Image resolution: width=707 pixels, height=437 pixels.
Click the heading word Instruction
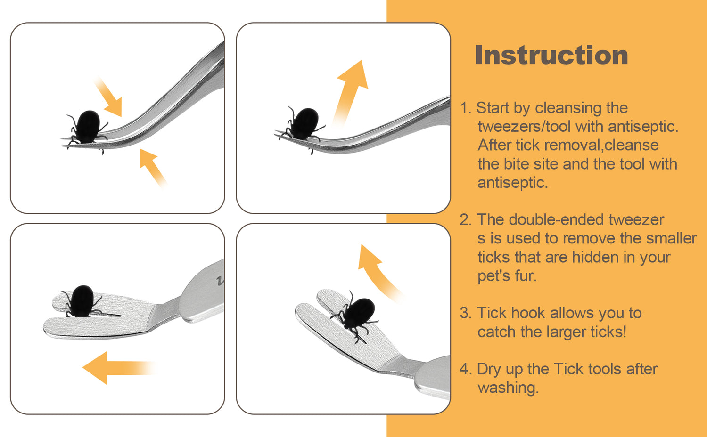coord(551,55)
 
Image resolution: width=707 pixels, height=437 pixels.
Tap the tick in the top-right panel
coord(302,128)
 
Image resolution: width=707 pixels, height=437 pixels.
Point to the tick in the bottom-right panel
coord(355,316)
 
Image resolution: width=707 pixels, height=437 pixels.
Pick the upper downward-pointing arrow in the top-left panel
coord(108,96)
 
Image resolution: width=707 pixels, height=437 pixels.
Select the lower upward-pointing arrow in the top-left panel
coord(153,169)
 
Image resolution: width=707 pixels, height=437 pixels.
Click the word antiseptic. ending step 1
coord(513,183)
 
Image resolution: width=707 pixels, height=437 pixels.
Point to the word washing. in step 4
coord(508,388)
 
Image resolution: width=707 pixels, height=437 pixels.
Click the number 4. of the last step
coord(466,369)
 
